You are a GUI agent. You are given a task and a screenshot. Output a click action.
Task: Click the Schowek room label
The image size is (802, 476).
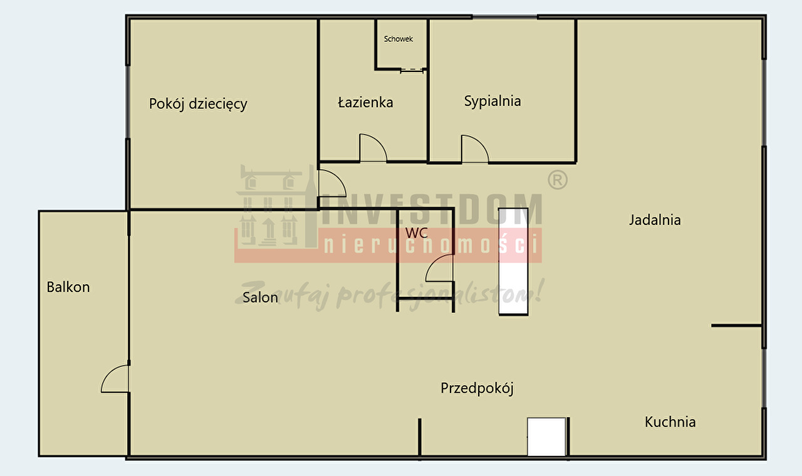[398, 39]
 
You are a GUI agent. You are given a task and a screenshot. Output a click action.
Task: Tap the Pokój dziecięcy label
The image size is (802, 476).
[198, 104]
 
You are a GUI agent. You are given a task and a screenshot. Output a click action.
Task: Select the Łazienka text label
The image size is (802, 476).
[365, 102]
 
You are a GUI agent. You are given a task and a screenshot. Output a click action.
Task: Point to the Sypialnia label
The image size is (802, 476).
[492, 101]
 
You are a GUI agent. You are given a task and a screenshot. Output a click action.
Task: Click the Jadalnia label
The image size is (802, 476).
[655, 220]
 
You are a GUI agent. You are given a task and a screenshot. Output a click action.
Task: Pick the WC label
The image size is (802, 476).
[417, 233]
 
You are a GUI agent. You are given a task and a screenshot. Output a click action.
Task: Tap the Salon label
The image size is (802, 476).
[260, 297]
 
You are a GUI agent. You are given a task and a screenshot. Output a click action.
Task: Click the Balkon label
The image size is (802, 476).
[68, 287]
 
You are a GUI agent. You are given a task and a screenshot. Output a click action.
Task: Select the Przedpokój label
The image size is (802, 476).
[477, 388]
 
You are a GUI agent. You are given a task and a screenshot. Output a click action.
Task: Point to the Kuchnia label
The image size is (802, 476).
[670, 422]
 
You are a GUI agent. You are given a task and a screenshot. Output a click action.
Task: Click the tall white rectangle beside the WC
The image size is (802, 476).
[513, 262]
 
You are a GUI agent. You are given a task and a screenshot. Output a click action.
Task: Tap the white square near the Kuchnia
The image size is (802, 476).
[546, 437]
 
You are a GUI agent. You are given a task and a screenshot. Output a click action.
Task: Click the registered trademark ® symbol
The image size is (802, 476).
[558, 180]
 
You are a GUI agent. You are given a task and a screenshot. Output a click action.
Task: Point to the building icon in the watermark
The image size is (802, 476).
[276, 206]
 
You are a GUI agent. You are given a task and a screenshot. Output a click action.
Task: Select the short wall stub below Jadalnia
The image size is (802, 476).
[736, 326]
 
